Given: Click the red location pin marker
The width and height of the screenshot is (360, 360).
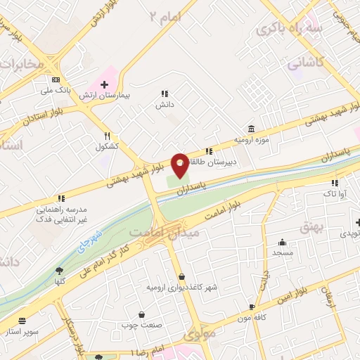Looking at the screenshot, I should (180, 165).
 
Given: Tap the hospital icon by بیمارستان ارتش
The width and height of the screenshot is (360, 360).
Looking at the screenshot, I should (104, 84).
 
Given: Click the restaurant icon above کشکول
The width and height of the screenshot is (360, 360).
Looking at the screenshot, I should (107, 135).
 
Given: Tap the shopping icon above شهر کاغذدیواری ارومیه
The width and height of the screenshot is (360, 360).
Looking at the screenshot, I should (182, 277).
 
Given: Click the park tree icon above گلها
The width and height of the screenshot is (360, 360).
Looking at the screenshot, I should (59, 270).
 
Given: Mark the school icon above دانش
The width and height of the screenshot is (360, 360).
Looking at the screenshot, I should (165, 94).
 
